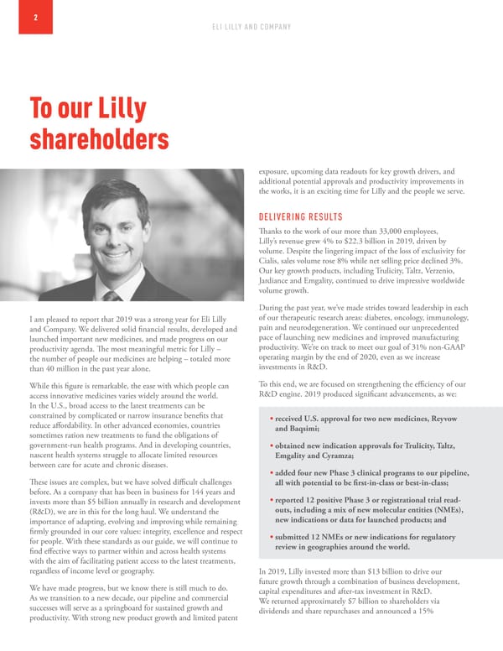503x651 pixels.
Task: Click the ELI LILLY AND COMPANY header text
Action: (251, 29)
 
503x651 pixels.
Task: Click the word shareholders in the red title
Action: (99, 140)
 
